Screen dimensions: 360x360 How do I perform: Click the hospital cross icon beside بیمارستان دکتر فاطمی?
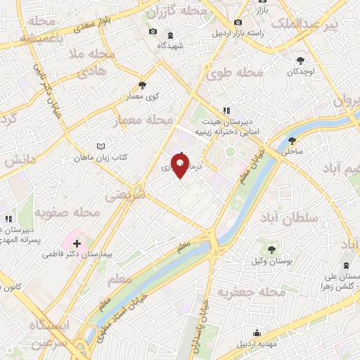(77, 243)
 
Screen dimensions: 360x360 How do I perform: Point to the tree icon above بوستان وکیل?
(269, 249)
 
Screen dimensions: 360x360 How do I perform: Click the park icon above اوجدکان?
(301, 61)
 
